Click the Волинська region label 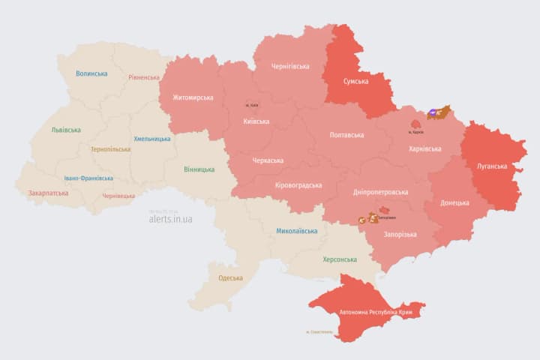91,73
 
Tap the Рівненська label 144,77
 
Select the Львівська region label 66,130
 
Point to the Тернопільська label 110,149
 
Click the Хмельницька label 151,139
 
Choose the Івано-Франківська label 88,178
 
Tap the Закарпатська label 48,193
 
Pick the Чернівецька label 118,196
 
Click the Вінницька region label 199,169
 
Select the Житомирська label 193,97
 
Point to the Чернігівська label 289,67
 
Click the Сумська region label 355,81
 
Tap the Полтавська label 346,135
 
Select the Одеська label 230,278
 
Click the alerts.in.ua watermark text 170,219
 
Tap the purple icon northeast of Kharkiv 433,114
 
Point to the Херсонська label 339,259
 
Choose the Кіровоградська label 298,185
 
